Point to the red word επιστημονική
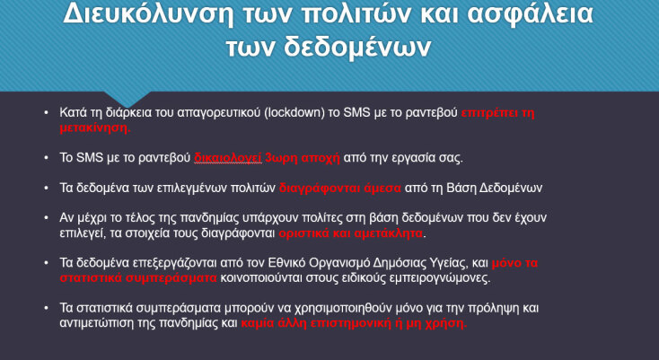348,323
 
